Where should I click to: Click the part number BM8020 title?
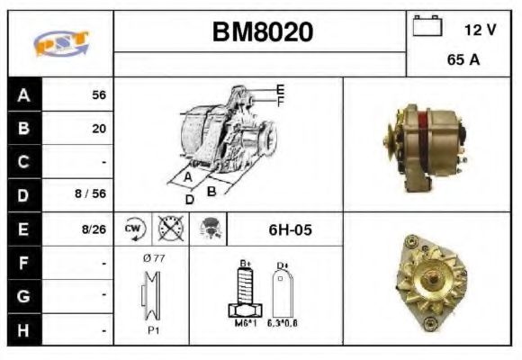tap(262, 32)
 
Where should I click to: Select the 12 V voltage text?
tap(480, 30)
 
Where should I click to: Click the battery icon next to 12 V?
tap(426, 28)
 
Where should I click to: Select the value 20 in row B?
tap(99, 129)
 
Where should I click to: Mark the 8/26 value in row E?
tap(94, 229)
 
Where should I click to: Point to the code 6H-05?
tap(290, 229)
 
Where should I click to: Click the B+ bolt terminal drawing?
tap(245, 291)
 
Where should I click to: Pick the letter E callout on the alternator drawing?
tap(280, 88)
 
